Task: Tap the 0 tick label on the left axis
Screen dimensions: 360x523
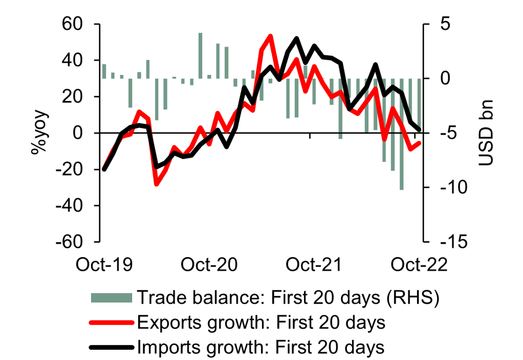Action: (x=85, y=133)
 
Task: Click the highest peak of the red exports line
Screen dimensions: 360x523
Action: (x=270, y=36)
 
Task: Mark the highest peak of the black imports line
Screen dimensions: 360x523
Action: (x=297, y=38)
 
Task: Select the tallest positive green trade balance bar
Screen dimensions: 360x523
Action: (x=200, y=55)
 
